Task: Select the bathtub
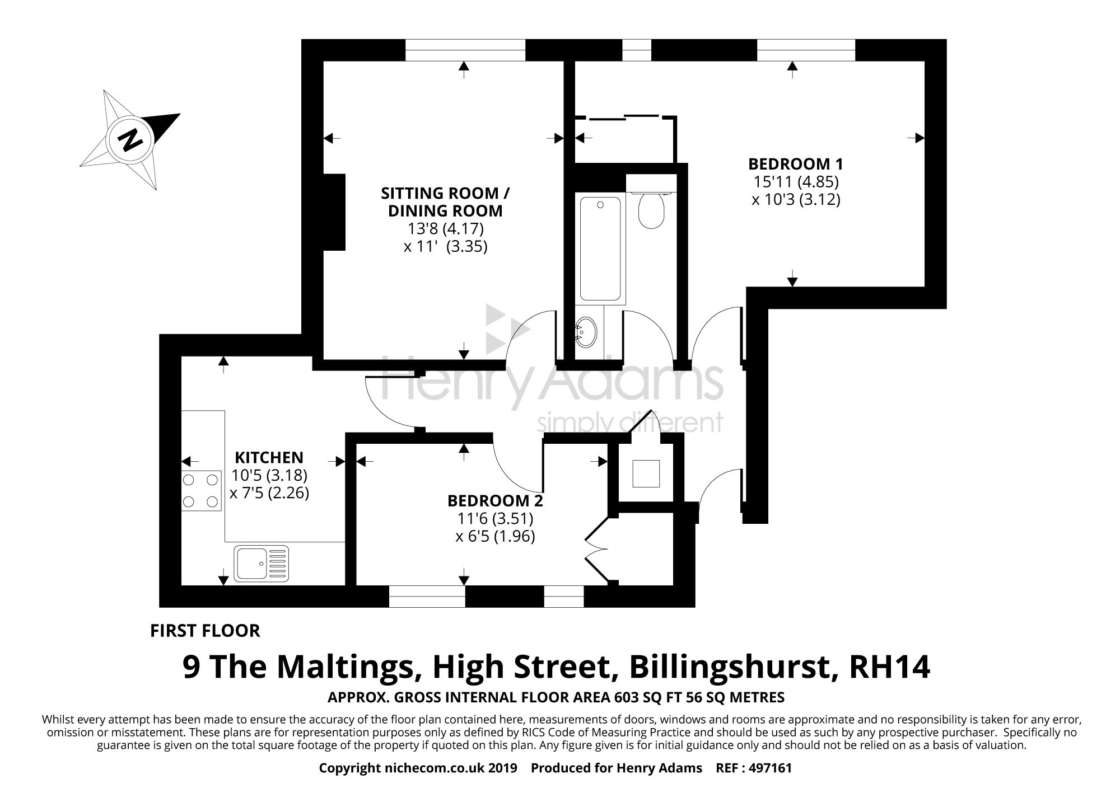click(x=600, y=249)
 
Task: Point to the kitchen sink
click(x=262, y=563)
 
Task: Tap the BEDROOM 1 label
click(x=795, y=164)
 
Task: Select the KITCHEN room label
click(x=269, y=457)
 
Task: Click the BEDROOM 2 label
click(x=495, y=500)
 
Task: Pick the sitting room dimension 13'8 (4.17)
click(x=446, y=228)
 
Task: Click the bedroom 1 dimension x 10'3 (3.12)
click(x=796, y=200)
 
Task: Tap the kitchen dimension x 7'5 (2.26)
click(x=269, y=494)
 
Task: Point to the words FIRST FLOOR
click(x=205, y=631)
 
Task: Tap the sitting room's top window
click(x=465, y=50)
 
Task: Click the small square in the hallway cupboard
click(x=646, y=473)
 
